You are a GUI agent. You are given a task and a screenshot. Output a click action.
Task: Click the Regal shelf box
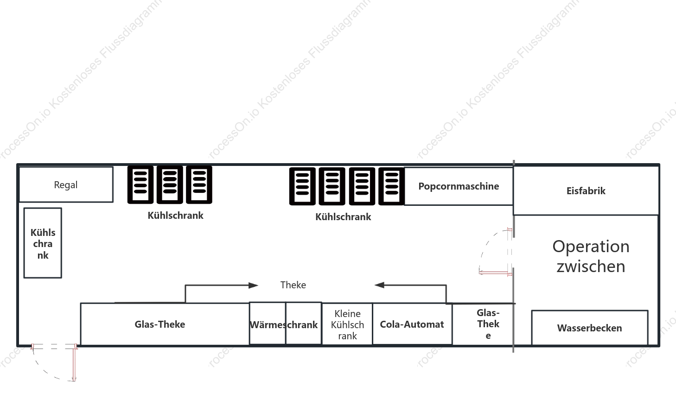66,184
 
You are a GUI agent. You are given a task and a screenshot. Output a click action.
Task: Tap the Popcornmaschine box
459,186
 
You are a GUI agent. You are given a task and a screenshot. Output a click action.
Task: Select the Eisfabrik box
586,190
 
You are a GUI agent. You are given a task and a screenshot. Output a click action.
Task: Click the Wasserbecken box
590,328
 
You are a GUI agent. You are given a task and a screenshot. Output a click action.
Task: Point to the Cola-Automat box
412,324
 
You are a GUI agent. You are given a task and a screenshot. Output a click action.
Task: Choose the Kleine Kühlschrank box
347,324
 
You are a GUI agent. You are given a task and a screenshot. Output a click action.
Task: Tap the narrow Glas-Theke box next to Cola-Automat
483,324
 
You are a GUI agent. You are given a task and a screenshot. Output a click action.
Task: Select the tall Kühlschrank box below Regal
43,243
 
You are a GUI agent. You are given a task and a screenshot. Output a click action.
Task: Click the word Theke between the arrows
293,285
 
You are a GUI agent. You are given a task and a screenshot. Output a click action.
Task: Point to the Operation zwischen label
591,256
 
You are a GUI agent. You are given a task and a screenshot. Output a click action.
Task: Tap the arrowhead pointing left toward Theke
379,285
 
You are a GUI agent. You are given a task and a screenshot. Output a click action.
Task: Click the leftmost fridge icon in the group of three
140,184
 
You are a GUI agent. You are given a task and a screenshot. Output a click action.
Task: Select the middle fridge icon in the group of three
170,184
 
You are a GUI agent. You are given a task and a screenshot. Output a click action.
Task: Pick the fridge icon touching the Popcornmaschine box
391,186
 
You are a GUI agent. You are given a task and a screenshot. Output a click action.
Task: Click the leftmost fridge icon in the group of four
302,186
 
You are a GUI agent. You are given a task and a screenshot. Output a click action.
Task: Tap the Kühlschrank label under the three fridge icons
175,216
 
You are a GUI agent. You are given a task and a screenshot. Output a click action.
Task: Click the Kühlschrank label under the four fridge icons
343,216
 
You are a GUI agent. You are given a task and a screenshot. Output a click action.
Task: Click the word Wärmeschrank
284,324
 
